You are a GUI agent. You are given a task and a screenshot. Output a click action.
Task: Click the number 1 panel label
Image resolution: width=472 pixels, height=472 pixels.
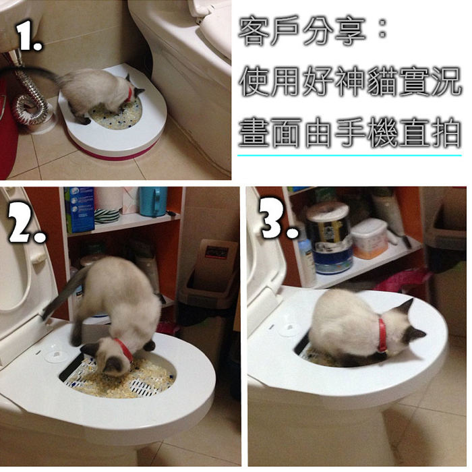pyautogui.click(x=28, y=36)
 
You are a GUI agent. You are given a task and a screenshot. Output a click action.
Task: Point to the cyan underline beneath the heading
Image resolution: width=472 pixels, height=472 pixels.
pyautogui.click(x=349, y=155)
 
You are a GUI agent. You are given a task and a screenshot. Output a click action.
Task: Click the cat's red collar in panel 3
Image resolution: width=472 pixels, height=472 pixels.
pyautogui.click(x=382, y=335)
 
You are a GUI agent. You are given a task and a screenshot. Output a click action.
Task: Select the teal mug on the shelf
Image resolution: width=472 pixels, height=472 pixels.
pyautogui.click(x=153, y=201)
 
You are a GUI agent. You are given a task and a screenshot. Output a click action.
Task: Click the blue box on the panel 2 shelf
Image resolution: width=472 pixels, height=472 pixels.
pyautogui.click(x=80, y=210)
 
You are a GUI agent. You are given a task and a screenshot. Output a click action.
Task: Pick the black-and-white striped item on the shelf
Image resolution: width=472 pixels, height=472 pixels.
pyautogui.click(x=107, y=216)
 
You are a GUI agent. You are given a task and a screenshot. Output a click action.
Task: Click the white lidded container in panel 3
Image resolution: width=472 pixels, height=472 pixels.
pyautogui.click(x=370, y=239)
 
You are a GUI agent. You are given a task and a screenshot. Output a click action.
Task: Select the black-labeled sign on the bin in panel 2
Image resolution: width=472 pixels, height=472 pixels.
pyautogui.click(x=216, y=252)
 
